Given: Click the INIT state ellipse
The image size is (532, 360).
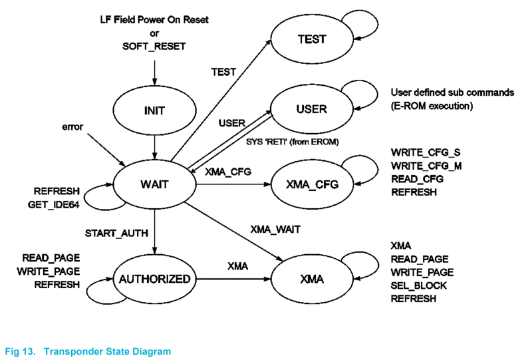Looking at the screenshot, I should tap(154, 110).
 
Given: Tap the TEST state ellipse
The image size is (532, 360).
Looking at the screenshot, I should tap(311, 39).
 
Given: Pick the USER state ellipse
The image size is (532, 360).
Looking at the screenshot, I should tap(311, 108).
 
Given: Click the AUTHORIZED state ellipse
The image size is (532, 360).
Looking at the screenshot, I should tap(154, 279).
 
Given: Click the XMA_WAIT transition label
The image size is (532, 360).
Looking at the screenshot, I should tap(275, 230).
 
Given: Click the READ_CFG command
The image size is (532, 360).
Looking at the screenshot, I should tap(417, 179).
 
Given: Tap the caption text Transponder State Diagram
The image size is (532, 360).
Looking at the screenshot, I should tap(107, 351).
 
